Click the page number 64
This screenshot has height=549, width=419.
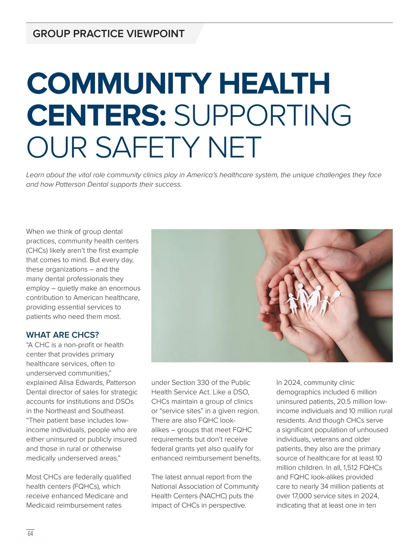click(x=30, y=534)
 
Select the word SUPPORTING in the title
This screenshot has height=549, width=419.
click(x=263, y=115)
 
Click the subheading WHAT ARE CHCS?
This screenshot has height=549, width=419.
click(x=63, y=335)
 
